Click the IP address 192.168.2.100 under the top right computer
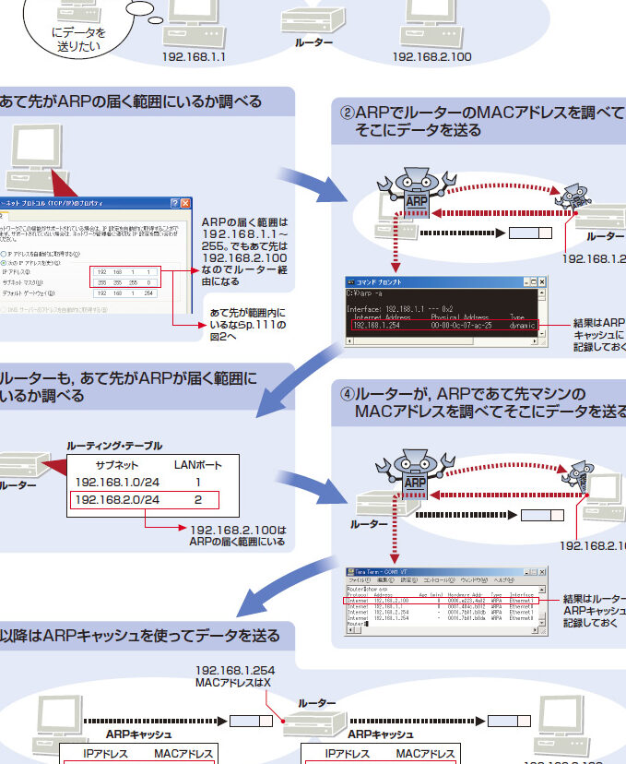coord(431,56)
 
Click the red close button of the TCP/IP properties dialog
coord(185,203)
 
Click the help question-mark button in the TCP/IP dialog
coord(173,203)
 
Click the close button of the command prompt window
coord(542,281)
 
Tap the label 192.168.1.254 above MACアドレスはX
coord(234,669)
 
